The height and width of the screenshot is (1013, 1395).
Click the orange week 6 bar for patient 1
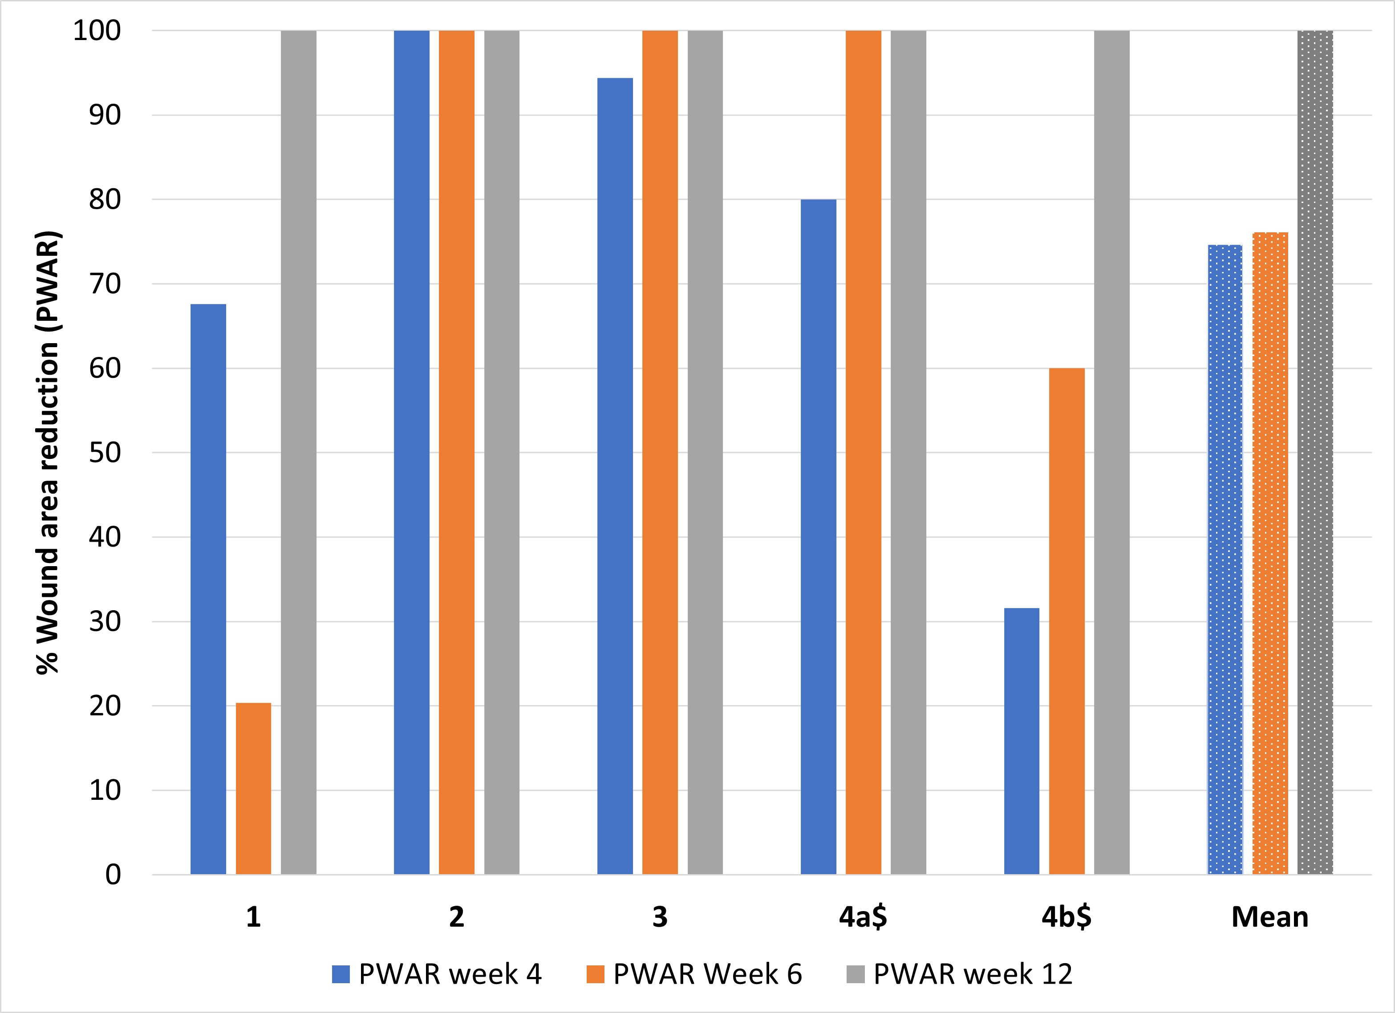point(253,789)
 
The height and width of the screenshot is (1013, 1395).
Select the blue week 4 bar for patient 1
point(208,589)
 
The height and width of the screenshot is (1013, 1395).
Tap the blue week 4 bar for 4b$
point(1022,741)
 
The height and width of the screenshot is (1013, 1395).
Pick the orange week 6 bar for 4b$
point(1067,621)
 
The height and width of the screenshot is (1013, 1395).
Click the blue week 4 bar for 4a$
point(818,536)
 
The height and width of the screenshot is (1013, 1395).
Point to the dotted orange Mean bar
point(1270,554)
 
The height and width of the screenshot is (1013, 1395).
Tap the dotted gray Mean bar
point(1315,452)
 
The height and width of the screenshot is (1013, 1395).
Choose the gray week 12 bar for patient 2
point(502,452)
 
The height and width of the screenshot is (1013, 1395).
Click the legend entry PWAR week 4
point(437,974)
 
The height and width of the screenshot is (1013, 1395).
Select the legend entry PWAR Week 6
point(694,974)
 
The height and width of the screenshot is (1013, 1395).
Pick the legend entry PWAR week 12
point(960,974)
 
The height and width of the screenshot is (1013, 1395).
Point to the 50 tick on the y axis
point(105,453)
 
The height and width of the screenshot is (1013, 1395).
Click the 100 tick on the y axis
point(97,31)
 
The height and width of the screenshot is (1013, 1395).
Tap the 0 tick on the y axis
point(113,875)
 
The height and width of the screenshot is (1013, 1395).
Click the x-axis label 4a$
point(863,917)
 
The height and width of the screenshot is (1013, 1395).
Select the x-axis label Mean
point(1269,917)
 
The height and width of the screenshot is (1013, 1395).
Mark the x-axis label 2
point(456,917)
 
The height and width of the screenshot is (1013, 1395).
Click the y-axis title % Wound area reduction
point(48,452)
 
